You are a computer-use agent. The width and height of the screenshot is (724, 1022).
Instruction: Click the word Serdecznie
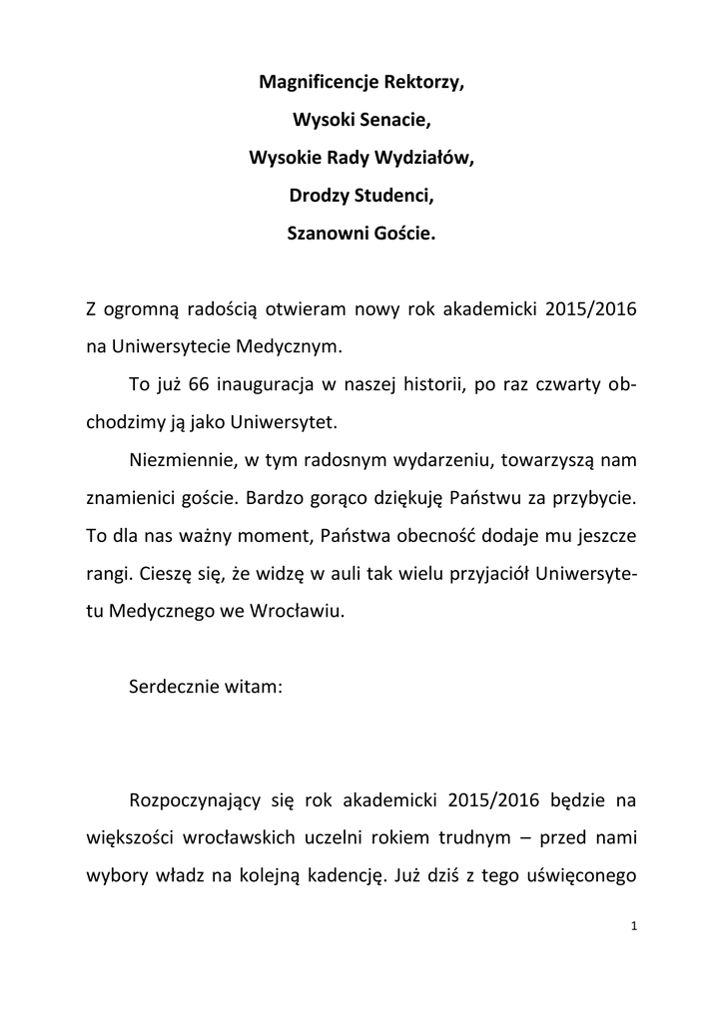tap(180, 688)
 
